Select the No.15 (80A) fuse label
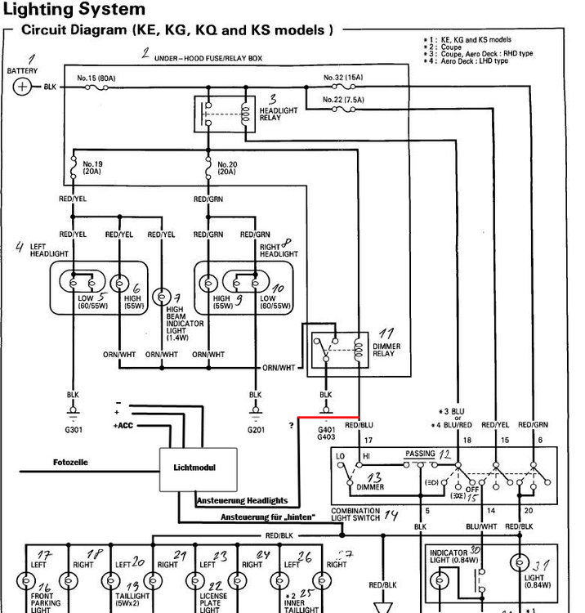(96, 78)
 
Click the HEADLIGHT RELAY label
(279, 114)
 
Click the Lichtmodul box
(198, 469)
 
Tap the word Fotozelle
(71, 463)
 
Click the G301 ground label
(73, 430)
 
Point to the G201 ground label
(256, 430)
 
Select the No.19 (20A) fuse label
(91, 168)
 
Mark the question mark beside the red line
(290, 424)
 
